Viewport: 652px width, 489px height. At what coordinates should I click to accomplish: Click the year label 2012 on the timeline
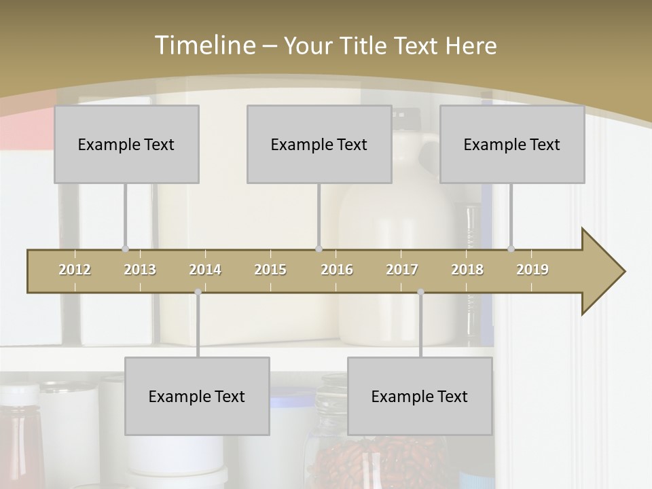tap(75, 270)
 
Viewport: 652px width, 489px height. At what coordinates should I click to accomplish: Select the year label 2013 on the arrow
tap(140, 270)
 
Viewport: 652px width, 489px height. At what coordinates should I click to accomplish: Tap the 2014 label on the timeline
tap(205, 270)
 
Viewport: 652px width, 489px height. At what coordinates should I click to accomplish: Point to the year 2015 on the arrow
tap(270, 270)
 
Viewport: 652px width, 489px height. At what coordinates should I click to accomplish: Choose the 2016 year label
tap(337, 270)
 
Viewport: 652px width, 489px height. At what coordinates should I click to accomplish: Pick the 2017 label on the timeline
tap(402, 270)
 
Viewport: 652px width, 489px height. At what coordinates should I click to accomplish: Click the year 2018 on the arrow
tap(467, 270)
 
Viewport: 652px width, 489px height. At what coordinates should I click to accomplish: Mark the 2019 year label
tap(532, 270)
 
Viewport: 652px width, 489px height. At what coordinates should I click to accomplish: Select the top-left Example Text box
tap(126, 144)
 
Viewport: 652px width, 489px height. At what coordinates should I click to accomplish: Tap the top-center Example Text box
tap(319, 144)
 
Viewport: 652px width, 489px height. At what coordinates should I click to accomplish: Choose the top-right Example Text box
tap(512, 144)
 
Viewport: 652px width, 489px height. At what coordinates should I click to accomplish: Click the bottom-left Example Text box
tap(197, 396)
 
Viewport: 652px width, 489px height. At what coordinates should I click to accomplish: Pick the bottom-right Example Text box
tap(420, 396)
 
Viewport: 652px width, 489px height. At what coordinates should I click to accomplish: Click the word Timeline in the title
tap(204, 45)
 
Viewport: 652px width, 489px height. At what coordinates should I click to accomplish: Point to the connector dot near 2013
tap(125, 249)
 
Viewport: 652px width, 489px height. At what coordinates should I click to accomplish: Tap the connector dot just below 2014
tap(198, 292)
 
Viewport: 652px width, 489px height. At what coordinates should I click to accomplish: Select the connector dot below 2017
tap(420, 292)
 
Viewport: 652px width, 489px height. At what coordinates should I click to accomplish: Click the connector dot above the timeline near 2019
tap(511, 249)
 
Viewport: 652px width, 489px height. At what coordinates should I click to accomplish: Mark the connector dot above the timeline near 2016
tap(319, 249)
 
